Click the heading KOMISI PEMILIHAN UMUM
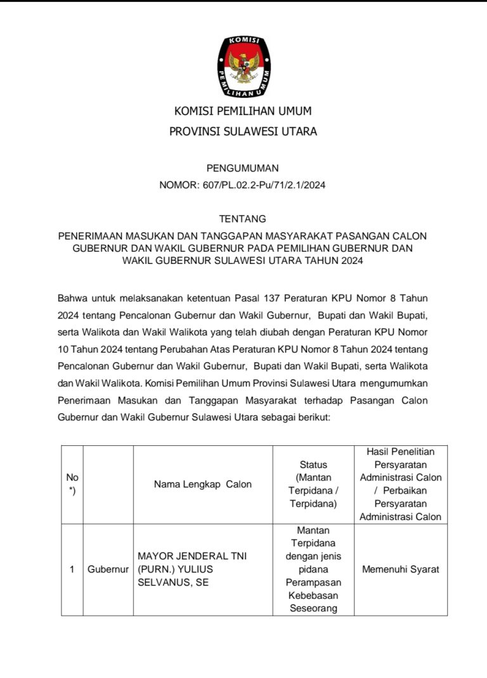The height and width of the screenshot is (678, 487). pyautogui.click(x=243, y=112)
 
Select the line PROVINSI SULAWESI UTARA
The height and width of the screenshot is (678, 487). pyautogui.click(x=243, y=132)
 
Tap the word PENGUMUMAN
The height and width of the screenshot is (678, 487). pyautogui.click(x=243, y=168)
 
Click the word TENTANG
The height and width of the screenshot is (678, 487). pyautogui.click(x=243, y=219)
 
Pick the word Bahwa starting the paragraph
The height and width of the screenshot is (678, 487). pyautogui.click(x=73, y=297)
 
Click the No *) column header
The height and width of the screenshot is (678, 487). pyautogui.click(x=72, y=484)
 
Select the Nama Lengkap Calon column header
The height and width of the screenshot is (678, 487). pyautogui.click(x=203, y=484)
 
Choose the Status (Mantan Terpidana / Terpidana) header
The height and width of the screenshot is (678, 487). pyautogui.click(x=313, y=484)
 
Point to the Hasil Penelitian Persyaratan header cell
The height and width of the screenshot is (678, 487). pyautogui.click(x=401, y=484)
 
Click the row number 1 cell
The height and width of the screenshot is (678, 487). pyautogui.click(x=72, y=570)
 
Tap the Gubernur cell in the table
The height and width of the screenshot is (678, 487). pyautogui.click(x=108, y=570)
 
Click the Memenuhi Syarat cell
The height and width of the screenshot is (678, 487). pyautogui.click(x=401, y=570)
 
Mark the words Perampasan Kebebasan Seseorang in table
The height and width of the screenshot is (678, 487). pyautogui.click(x=313, y=595)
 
